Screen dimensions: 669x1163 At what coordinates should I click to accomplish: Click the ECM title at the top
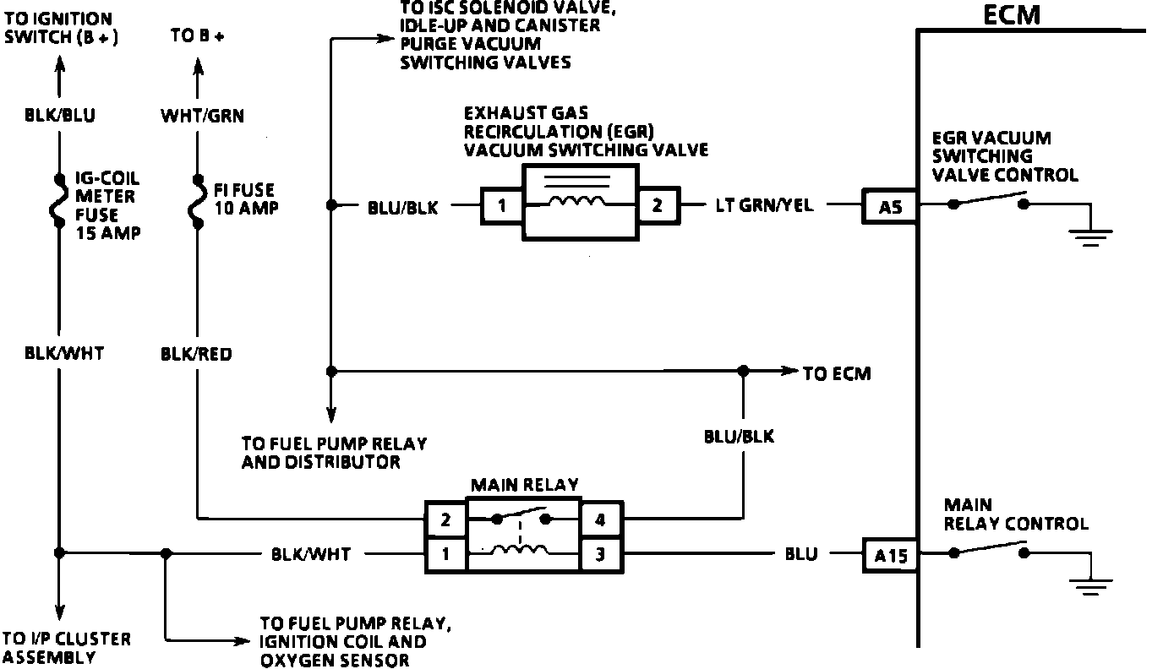click(1013, 15)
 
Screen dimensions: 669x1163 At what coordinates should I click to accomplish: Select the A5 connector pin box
click(889, 205)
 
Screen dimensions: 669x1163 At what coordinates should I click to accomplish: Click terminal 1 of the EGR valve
click(503, 204)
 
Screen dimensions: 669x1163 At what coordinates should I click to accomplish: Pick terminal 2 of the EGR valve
click(658, 204)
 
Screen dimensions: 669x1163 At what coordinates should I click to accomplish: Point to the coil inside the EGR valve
click(578, 202)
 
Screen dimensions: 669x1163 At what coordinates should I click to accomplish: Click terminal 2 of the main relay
click(445, 520)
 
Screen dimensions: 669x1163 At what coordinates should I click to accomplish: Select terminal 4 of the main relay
click(600, 520)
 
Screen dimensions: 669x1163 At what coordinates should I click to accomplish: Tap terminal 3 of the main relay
click(600, 555)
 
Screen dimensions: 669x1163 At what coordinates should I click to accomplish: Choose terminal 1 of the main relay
click(445, 555)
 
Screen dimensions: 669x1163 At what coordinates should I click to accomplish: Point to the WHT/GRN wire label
click(202, 116)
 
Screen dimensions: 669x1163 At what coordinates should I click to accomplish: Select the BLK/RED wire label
click(196, 354)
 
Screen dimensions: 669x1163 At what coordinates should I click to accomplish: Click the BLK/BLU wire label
click(59, 116)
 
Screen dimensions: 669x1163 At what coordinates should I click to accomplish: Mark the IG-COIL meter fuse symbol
click(60, 203)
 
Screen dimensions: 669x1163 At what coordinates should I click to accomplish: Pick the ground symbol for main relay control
click(1091, 585)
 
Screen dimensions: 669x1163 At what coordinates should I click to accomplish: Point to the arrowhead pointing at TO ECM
click(789, 371)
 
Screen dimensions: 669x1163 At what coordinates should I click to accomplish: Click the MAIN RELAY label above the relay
click(524, 485)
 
